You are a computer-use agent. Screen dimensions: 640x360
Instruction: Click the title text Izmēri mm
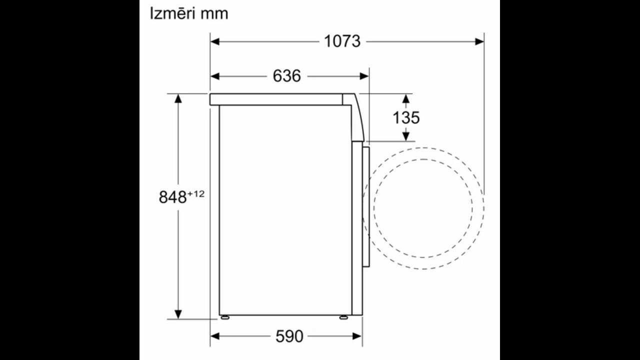pyautogui.click(x=189, y=13)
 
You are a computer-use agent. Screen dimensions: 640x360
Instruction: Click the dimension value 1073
pyautogui.click(x=342, y=41)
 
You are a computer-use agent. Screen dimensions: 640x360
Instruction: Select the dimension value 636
pyautogui.click(x=287, y=76)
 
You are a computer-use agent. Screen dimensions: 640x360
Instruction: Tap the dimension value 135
pyautogui.click(x=406, y=117)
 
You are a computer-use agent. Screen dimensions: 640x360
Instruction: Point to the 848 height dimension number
pyautogui.click(x=172, y=197)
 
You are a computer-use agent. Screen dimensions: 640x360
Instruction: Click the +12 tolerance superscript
pyautogui.click(x=196, y=194)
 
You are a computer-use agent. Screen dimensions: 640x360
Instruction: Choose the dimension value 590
pyautogui.click(x=289, y=336)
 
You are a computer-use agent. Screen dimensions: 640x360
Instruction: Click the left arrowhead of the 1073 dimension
pyautogui.click(x=215, y=41)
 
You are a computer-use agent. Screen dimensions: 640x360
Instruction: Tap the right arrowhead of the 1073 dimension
pyautogui.click(x=479, y=41)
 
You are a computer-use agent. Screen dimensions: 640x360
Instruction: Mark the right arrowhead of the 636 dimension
pyautogui.click(x=364, y=76)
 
